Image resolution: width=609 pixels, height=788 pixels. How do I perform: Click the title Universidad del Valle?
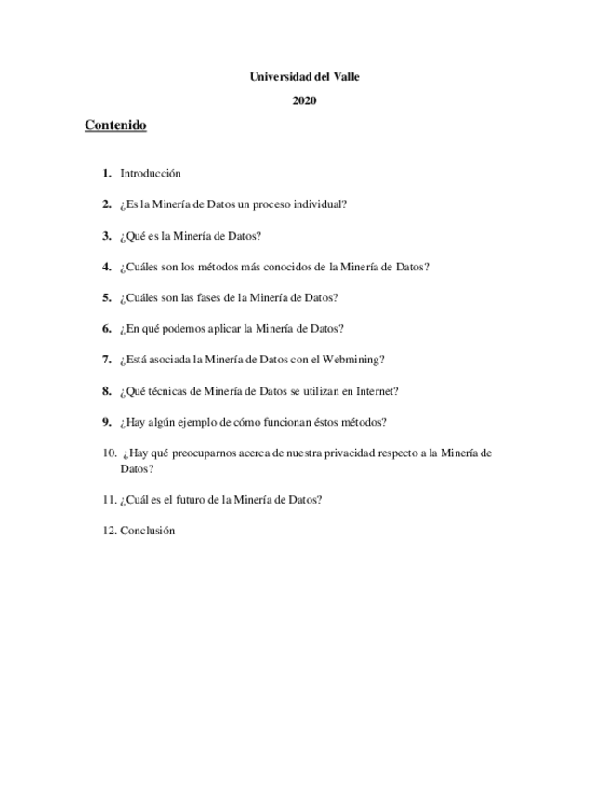tap(304, 77)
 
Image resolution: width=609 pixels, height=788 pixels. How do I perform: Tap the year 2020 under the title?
tap(304, 101)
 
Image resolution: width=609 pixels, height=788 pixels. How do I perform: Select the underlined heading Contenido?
tap(115, 125)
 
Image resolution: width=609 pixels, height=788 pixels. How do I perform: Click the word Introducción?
tap(150, 173)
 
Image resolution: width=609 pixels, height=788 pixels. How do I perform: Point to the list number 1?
tap(107, 173)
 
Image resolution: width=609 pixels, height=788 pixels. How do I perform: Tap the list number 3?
tap(107, 236)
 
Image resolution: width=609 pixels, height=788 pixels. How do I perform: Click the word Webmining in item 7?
tap(355, 360)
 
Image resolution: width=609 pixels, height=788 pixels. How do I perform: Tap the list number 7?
tap(107, 360)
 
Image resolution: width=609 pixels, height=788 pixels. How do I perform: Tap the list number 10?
tap(109, 453)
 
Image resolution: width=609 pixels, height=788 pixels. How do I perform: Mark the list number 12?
tap(109, 531)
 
